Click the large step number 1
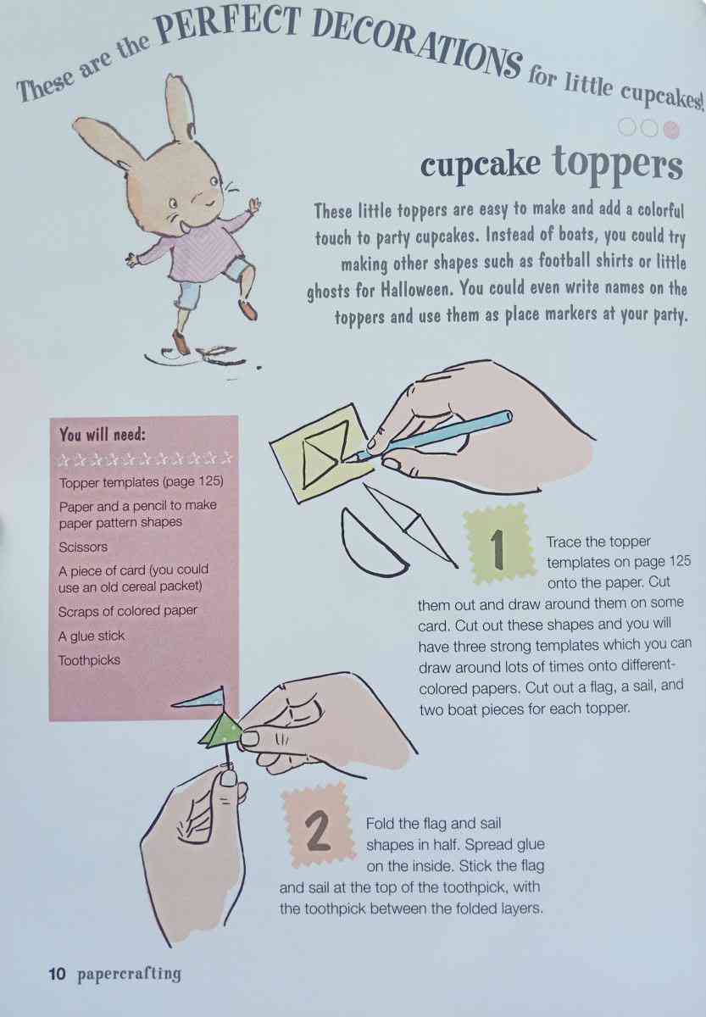click(498, 549)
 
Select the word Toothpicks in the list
click(89, 659)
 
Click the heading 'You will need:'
click(103, 435)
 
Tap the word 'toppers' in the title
click(619, 165)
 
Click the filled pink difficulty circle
click(671, 131)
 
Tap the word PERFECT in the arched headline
click(231, 26)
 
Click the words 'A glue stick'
click(91, 636)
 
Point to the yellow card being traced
click(318, 454)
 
